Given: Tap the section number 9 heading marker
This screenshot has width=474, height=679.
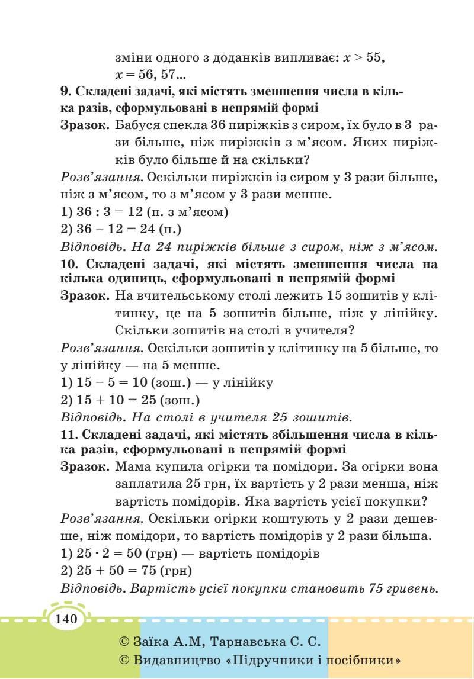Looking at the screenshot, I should coord(65,92).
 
